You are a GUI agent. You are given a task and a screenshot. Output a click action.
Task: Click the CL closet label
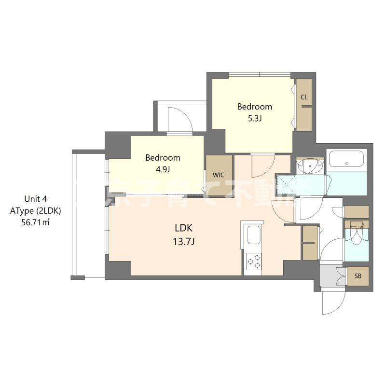pos(304,97)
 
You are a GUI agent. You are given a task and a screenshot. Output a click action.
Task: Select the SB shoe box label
pos(358,276)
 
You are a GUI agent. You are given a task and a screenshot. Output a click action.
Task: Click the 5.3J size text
pos(254,118)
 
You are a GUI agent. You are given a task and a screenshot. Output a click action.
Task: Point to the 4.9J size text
pos(163,169)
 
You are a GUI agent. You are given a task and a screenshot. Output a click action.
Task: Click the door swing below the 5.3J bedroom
pos(262,164)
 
